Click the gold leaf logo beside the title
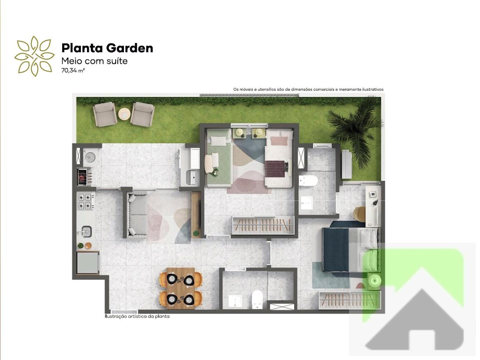click(x=34, y=56)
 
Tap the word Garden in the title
click(x=129, y=48)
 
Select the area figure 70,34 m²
click(x=73, y=70)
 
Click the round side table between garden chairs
click(x=124, y=114)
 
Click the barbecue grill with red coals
click(x=82, y=177)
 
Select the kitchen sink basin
click(x=87, y=230)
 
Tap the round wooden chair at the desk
click(x=359, y=213)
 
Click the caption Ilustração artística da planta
click(x=137, y=317)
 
